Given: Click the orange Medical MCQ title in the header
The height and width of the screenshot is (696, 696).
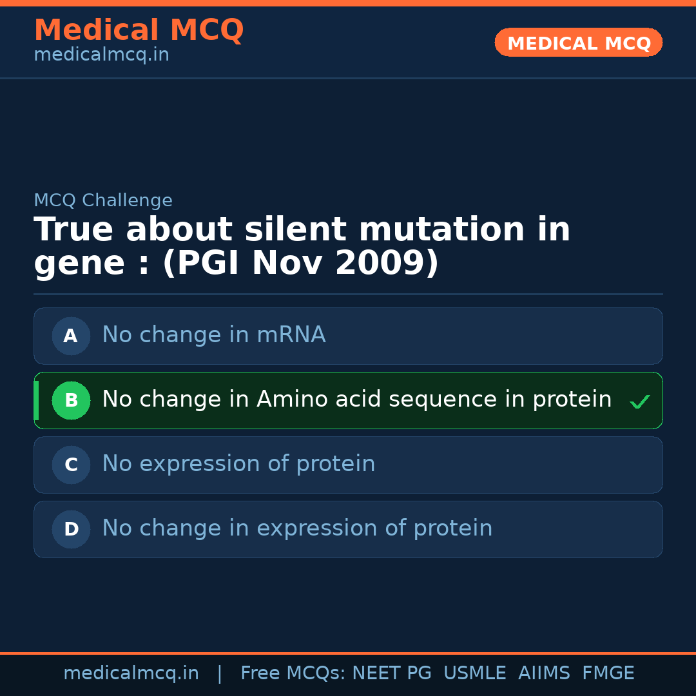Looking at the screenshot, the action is (139, 30).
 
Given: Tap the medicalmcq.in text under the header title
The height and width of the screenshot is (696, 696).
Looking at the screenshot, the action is (102, 55).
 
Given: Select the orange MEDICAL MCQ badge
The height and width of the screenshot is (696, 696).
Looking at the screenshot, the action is (578, 43).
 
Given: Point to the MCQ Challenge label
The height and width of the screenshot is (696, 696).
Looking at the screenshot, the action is (103, 200).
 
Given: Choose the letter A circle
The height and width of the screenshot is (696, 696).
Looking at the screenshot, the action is (71, 336).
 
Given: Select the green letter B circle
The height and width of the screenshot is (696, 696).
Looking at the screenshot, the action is (71, 400).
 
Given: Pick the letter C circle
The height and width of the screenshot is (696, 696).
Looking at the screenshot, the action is (71, 465).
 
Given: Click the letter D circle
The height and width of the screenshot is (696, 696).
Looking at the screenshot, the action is (71, 529).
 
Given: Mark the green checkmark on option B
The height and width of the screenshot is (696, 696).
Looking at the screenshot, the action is (640, 401).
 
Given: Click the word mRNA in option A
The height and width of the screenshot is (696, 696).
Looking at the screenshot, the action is (291, 334).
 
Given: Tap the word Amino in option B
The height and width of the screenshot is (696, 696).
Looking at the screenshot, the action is (292, 399).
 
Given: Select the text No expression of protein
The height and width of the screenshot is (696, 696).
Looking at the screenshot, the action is (239, 464).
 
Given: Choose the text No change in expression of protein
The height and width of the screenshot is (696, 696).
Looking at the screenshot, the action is (297, 528).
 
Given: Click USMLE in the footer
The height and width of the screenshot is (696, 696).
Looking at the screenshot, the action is (475, 673).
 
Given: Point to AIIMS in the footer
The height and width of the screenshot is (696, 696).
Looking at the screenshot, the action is (544, 673).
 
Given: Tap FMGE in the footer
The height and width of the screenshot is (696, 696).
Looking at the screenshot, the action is (608, 673).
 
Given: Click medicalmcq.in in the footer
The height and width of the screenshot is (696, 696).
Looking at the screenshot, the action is (131, 673).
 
